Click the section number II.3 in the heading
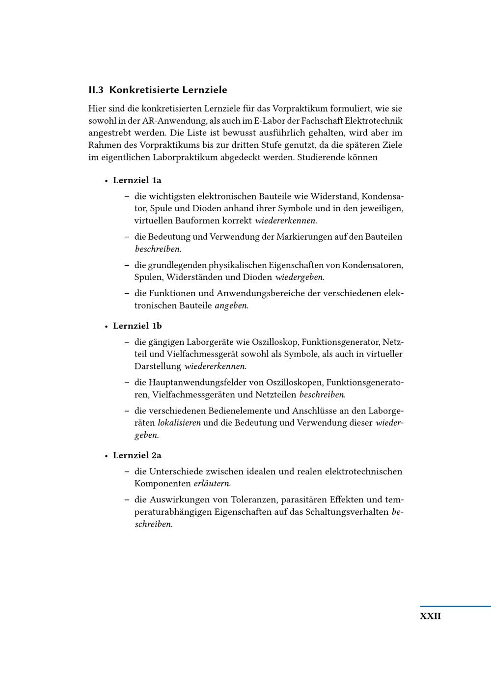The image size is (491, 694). pyautogui.click(x=96, y=90)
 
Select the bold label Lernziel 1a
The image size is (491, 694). pyautogui.click(x=137, y=180)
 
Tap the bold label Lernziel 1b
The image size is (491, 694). pyautogui.click(x=137, y=326)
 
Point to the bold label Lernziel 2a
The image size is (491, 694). pyautogui.click(x=137, y=455)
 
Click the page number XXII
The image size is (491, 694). pyautogui.click(x=430, y=616)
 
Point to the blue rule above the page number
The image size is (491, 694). pyautogui.click(x=455, y=607)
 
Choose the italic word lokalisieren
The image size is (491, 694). pyautogui.click(x=179, y=423)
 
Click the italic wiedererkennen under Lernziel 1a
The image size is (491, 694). pyautogui.click(x=286, y=221)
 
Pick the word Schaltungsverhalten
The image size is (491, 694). pyautogui.click(x=347, y=512)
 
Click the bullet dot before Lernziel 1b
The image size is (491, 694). pyautogui.click(x=106, y=327)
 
